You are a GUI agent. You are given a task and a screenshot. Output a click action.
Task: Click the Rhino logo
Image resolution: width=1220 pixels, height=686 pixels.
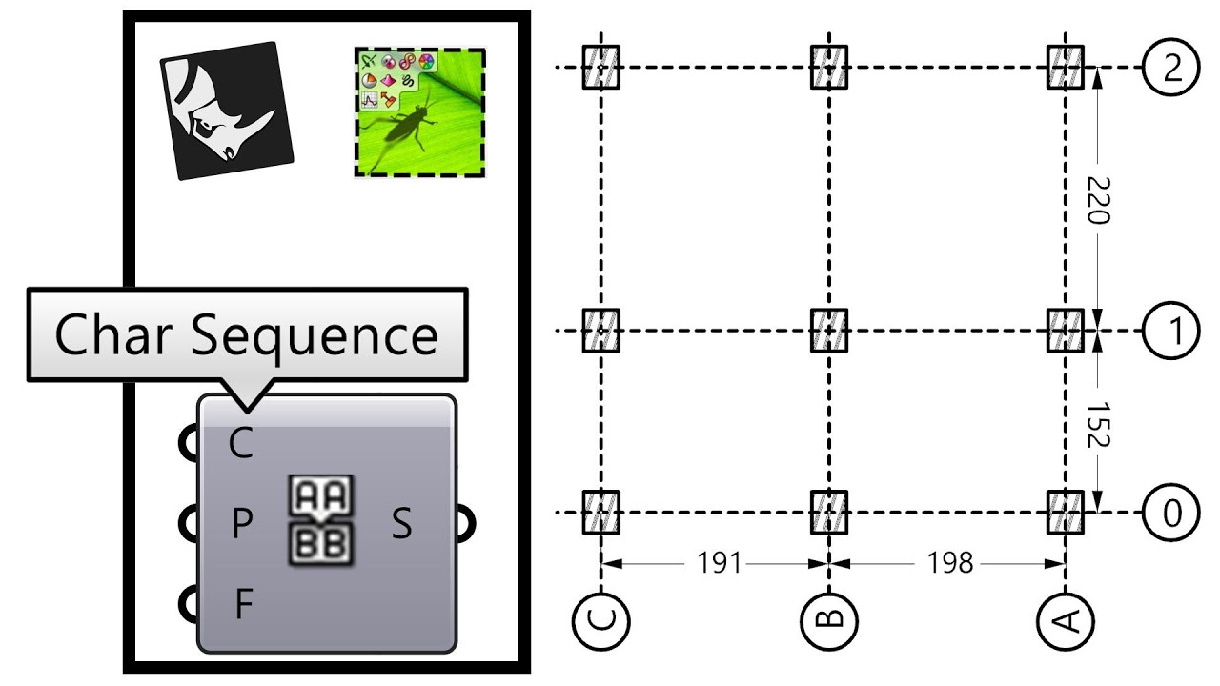tap(225, 110)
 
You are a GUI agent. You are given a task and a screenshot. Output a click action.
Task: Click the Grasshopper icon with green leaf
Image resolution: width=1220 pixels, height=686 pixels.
tap(419, 112)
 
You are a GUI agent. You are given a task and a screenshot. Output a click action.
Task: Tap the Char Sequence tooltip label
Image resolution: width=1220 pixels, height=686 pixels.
tap(246, 335)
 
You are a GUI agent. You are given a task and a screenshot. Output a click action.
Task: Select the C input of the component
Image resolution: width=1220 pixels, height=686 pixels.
tap(241, 444)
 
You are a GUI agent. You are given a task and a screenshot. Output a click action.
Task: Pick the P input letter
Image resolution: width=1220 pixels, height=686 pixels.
tap(241, 523)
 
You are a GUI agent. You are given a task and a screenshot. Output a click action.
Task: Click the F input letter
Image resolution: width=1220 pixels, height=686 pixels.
tap(243, 603)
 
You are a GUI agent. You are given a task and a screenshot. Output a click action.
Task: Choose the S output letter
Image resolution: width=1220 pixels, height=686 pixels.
tap(402, 523)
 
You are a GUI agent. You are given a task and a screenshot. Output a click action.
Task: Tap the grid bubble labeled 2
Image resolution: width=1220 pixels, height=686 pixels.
tap(1170, 69)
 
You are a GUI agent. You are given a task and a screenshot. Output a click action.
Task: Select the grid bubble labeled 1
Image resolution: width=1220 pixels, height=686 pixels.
tap(1170, 331)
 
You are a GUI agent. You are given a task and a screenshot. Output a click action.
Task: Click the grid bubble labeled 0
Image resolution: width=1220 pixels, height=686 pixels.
tap(1170, 513)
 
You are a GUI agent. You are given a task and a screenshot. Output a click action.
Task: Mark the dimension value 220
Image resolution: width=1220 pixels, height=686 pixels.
tap(1098, 200)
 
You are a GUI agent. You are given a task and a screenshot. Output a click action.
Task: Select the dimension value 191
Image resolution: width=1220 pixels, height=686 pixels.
tap(719, 563)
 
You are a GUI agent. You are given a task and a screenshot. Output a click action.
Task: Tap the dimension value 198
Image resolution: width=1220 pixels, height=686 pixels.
tap(950, 563)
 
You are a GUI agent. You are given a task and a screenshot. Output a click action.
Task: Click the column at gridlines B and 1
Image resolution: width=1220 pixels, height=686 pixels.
tap(829, 331)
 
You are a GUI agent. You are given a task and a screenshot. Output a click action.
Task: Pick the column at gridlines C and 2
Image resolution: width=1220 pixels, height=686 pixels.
tap(601, 68)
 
